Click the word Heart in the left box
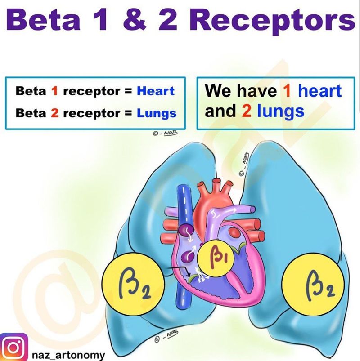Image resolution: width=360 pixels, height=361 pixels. coord(156,91)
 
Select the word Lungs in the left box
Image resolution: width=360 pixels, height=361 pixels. coord(157,113)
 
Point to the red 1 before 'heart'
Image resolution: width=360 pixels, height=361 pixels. coord(287,91)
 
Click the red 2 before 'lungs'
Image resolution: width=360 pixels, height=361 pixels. coord(247,111)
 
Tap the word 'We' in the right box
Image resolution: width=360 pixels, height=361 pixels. coord(217,90)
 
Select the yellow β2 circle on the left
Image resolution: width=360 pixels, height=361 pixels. coord(133,284)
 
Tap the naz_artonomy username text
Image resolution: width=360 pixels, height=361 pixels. coord(68,355)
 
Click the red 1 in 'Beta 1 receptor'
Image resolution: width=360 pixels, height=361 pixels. coord(54,91)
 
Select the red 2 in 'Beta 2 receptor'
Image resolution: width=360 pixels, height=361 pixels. coord(54,113)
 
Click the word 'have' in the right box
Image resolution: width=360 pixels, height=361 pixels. coord(257,90)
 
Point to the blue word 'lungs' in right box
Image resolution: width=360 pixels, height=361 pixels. coord(280,111)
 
